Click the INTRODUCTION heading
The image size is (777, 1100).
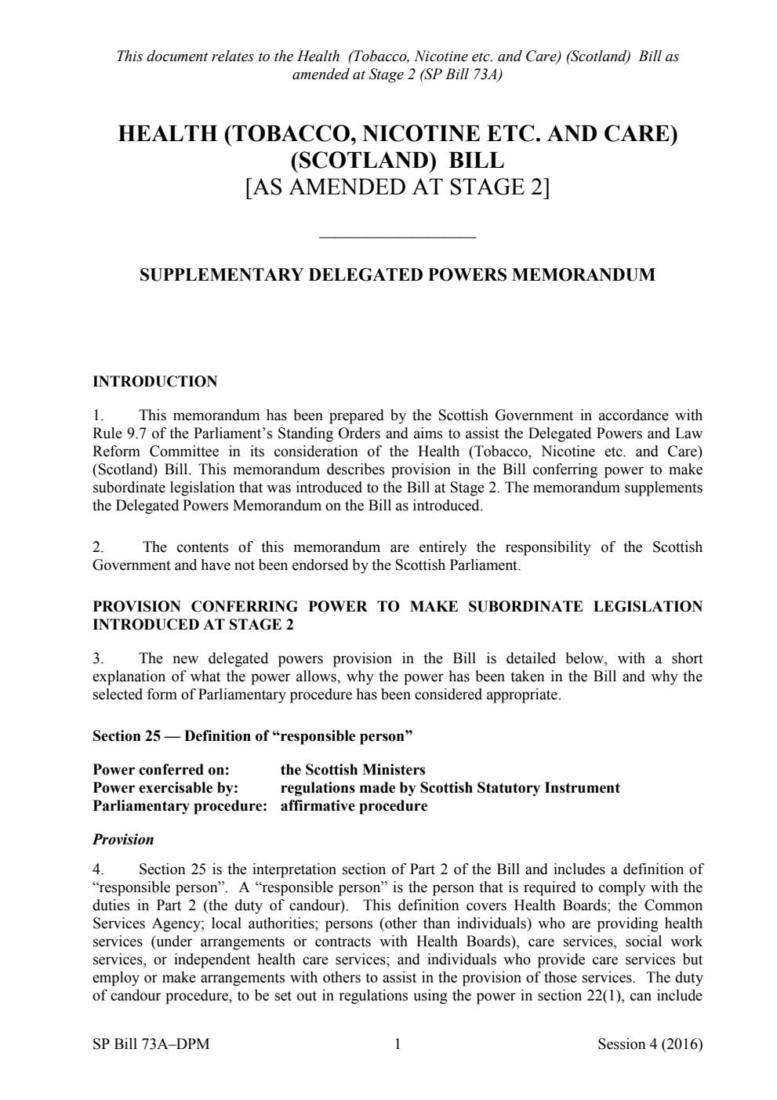click(x=154, y=382)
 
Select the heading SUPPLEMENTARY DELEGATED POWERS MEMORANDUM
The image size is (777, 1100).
click(x=397, y=275)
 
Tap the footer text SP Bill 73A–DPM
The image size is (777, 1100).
click(x=151, y=1044)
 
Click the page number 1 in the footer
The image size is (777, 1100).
click(x=398, y=1044)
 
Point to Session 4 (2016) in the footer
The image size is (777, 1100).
click(x=649, y=1044)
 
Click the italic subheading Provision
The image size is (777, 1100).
click(x=123, y=840)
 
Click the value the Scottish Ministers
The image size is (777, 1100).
click(x=353, y=770)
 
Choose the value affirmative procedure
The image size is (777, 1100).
click(x=354, y=806)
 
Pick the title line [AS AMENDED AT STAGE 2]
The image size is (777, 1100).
click(x=397, y=187)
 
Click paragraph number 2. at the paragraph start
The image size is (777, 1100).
click(x=97, y=547)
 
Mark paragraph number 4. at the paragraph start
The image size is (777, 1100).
click(x=97, y=869)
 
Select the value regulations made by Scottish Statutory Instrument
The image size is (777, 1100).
click(x=450, y=788)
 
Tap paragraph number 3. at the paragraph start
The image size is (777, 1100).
click(x=97, y=659)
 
